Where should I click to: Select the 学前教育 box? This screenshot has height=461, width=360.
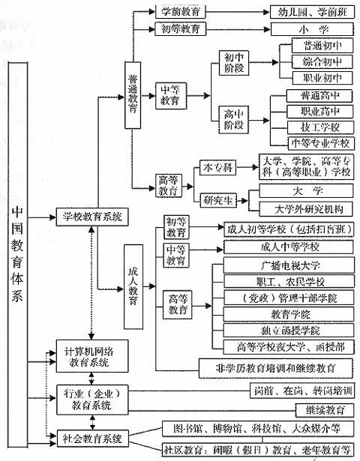[180, 13]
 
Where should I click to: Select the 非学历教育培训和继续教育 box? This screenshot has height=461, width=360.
[274, 367]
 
